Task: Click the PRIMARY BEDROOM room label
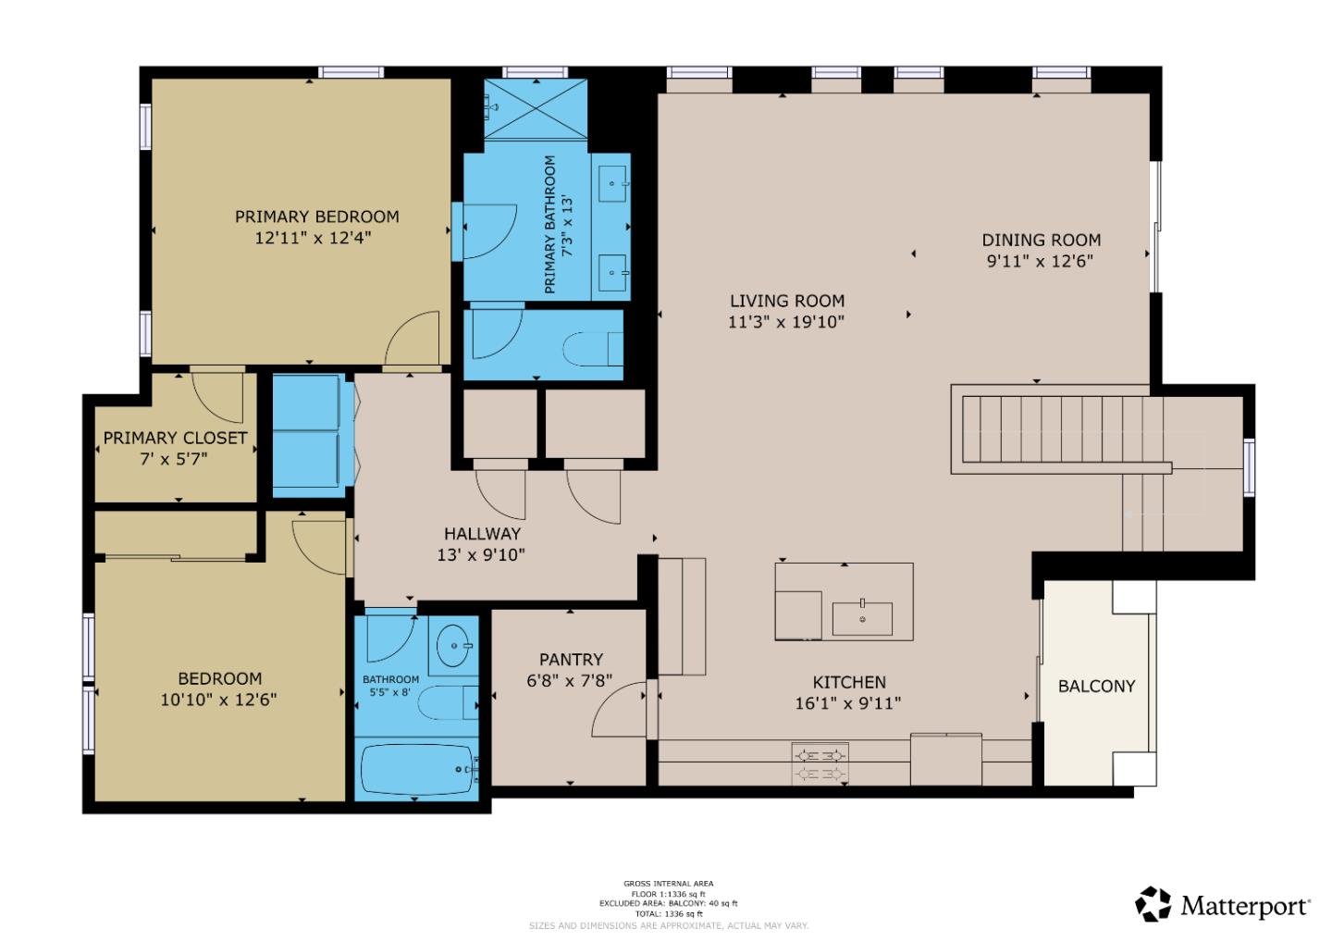tap(316, 217)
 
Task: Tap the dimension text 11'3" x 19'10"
tap(786, 322)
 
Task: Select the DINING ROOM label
tap(1041, 240)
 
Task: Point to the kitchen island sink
tap(862, 618)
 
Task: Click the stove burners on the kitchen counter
tap(820, 763)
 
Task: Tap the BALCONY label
tap(1096, 686)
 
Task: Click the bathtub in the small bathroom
tap(416, 769)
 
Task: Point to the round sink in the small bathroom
tap(453, 640)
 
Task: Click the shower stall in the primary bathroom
tap(536, 109)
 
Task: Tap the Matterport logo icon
tap(1153, 904)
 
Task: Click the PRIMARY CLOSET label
tap(175, 438)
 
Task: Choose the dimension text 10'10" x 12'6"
tap(218, 700)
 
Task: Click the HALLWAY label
tap(482, 534)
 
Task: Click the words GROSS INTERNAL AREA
tap(668, 884)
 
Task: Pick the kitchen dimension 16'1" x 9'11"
tap(847, 703)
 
